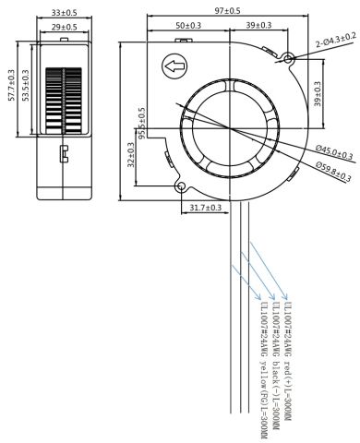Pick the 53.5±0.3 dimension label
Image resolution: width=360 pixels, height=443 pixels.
pyautogui.click(x=26, y=85)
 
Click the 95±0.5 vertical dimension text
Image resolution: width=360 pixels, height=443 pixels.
pyautogui.click(x=142, y=123)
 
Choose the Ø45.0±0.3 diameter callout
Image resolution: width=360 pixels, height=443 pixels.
pyautogui.click(x=332, y=148)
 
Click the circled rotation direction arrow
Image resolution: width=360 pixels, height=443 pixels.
pyautogui.click(x=173, y=66)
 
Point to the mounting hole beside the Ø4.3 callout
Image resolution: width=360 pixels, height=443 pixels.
pyautogui.click(x=289, y=58)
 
